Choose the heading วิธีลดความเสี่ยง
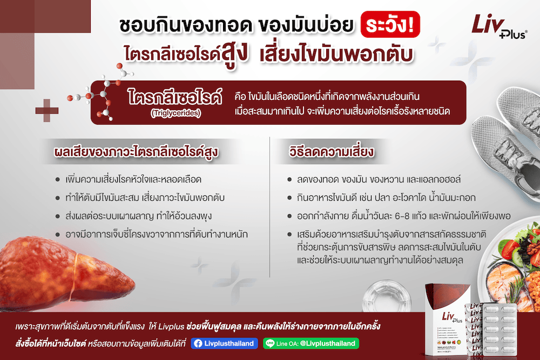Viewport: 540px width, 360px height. click(332, 152)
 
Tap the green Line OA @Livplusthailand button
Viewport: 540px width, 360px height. click(311, 343)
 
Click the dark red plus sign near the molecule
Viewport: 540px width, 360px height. click(47, 107)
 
